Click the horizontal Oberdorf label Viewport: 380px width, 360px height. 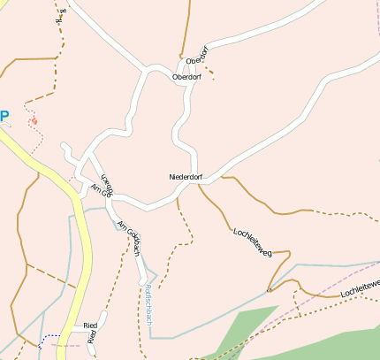pyautogui.click(x=186, y=77)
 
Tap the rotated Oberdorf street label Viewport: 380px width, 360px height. pyautogui.click(x=201, y=56)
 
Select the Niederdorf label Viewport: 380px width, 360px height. pyautogui.click(x=186, y=177)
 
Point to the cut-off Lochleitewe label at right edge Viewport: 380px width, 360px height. pyautogui.click(x=360, y=287)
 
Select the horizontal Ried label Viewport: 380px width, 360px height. pyautogui.click(x=89, y=326)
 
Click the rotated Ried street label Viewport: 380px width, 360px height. pyautogui.click(x=93, y=337)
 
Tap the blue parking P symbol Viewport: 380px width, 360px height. pyautogui.click(x=4, y=115)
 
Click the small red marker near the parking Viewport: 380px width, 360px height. pyautogui.click(x=34, y=119)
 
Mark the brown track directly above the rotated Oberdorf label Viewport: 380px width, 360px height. pyautogui.click(x=186, y=27)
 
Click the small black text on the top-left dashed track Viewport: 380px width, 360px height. pyautogui.click(x=62, y=15)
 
